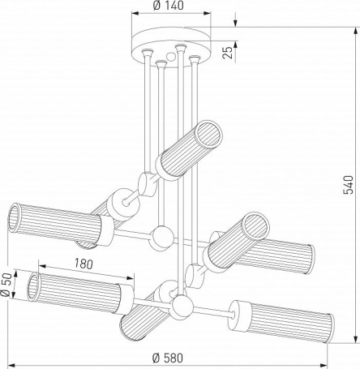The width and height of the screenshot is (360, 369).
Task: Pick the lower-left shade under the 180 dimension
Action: pos(73,291)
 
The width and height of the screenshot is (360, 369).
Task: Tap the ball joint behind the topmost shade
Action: pos(147,183)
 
